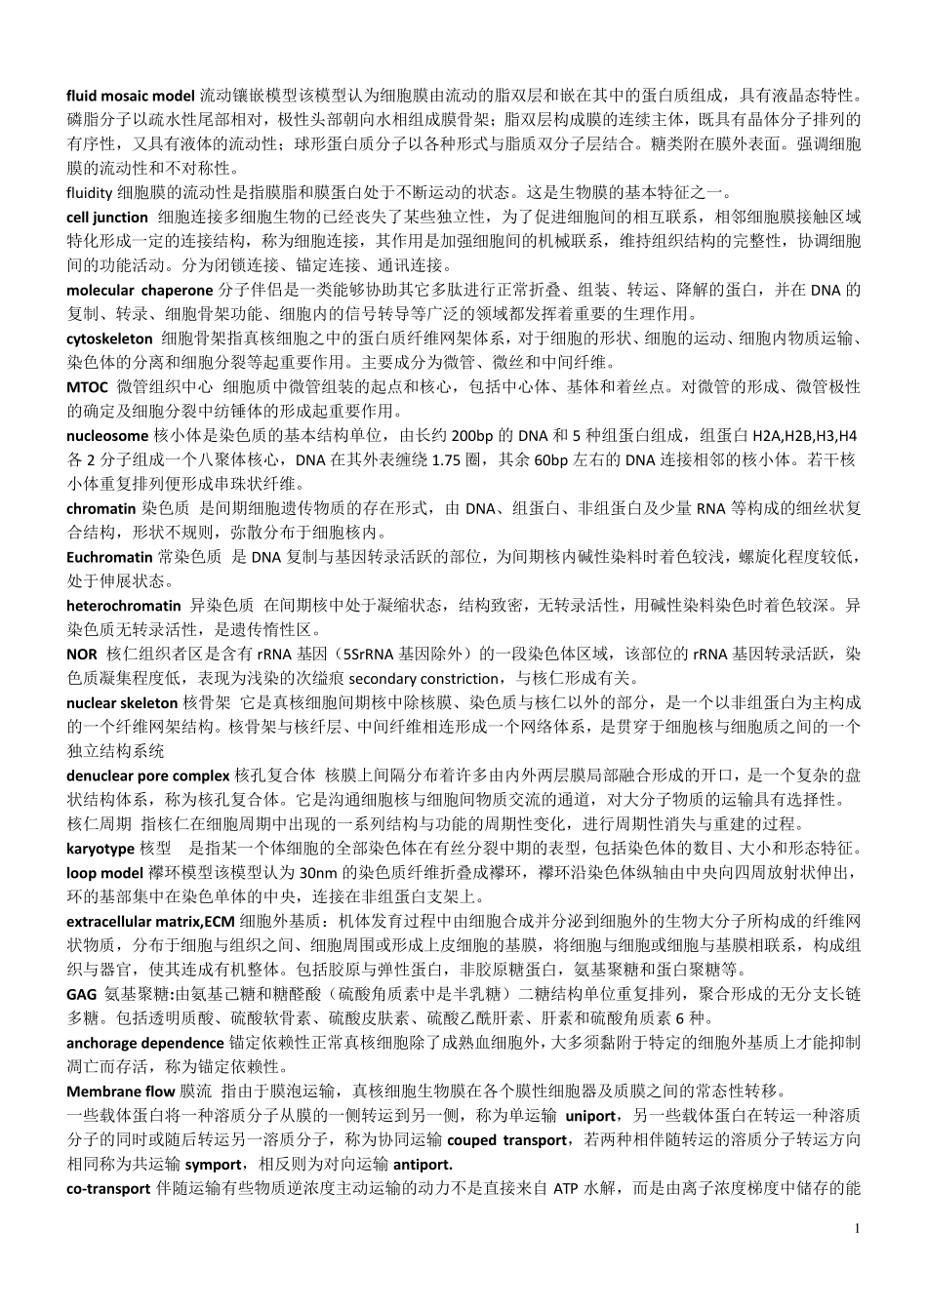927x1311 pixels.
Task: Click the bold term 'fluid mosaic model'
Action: coord(131,96)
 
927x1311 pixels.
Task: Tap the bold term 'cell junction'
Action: coord(107,217)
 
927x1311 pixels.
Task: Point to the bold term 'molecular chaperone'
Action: coord(140,290)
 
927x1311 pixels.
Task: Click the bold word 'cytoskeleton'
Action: coord(109,338)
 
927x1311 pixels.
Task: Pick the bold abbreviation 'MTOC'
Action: coord(87,387)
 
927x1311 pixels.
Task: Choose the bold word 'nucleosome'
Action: coord(107,435)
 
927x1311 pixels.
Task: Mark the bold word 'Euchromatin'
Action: coord(109,557)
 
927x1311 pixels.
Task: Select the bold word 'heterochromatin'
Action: coord(124,606)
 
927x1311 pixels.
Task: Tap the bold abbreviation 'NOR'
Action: coord(82,654)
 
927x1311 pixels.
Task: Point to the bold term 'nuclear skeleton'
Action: coord(122,702)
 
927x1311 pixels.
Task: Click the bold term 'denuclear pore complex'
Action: coord(148,775)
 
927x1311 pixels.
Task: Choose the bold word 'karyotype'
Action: coord(101,849)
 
